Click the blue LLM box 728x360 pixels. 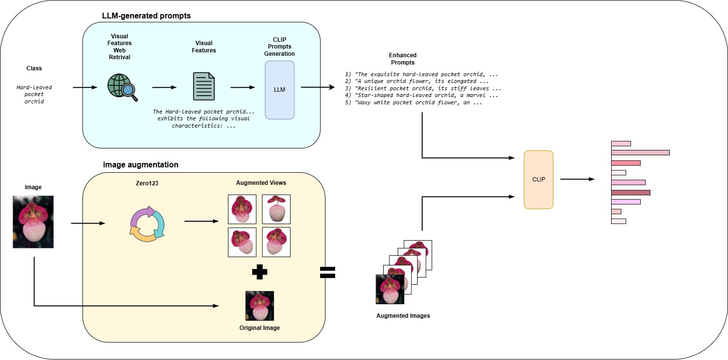279,90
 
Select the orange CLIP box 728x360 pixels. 538,180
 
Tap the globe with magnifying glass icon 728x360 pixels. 122,87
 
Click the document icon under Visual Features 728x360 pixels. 204,87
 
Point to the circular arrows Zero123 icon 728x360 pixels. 147,224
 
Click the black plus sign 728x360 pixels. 260,272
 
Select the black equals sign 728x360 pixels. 328,272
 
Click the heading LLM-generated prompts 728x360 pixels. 146,16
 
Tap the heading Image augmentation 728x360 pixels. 141,165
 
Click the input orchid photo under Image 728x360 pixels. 33,222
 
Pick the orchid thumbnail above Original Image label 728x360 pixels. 259,306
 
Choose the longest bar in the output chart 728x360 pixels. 640,152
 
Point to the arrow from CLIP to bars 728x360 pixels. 577,179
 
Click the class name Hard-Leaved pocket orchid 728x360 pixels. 34,95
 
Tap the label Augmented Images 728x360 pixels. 403,316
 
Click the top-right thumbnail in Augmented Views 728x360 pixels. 276,209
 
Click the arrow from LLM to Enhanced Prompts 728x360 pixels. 318,87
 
